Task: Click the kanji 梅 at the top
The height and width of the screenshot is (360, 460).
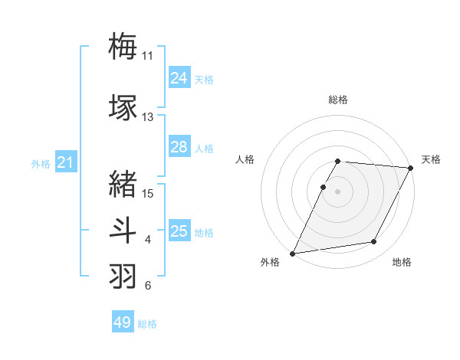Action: pyautogui.click(x=123, y=45)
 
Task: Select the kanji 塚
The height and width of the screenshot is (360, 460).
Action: pyautogui.click(x=123, y=106)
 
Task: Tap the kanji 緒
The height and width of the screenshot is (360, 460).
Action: pyautogui.click(x=123, y=183)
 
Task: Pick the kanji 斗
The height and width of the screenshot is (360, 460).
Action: pyautogui.click(x=123, y=229)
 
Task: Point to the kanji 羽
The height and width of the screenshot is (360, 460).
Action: pyautogui.click(x=123, y=275)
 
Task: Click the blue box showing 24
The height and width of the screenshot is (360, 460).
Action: pyautogui.click(x=179, y=78)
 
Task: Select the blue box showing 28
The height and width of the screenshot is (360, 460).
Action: pyautogui.click(x=179, y=147)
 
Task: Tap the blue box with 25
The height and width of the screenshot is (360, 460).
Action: pyautogui.click(x=179, y=231)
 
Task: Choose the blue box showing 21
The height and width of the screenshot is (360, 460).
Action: pyautogui.click(x=66, y=162)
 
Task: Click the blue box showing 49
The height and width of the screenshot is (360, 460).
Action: pyautogui.click(x=123, y=322)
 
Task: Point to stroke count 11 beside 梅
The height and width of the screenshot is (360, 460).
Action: pyautogui.click(x=147, y=56)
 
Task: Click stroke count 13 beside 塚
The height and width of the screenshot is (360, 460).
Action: pyautogui.click(x=147, y=117)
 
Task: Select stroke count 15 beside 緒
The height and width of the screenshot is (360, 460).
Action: pyautogui.click(x=147, y=193)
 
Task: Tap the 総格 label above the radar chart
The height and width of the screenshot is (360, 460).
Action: pyautogui.click(x=338, y=100)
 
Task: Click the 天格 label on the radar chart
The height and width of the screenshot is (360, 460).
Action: pyautogui.click(x=432, y=159)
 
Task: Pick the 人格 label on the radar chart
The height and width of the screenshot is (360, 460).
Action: pyautogui.click(x=245, y=159)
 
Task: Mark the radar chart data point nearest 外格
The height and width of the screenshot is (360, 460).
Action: pyautogui.click(x=292, y=254)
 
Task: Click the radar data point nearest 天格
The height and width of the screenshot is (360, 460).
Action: pyautogui.click(x=412, y=168)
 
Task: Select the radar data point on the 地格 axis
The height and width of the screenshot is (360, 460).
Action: pyautogui.click(x=374, y=242)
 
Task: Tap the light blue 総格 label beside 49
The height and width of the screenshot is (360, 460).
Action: pyautogui.click(x=147, y=324)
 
